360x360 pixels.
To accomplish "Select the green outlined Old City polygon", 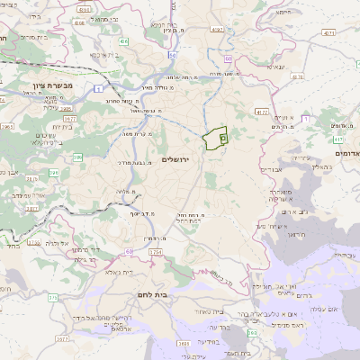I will pos(214,139).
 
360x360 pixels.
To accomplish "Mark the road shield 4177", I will pos(261,112).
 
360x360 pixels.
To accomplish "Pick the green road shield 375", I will pos(53,296).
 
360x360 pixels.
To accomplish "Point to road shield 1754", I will pos(155,252).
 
